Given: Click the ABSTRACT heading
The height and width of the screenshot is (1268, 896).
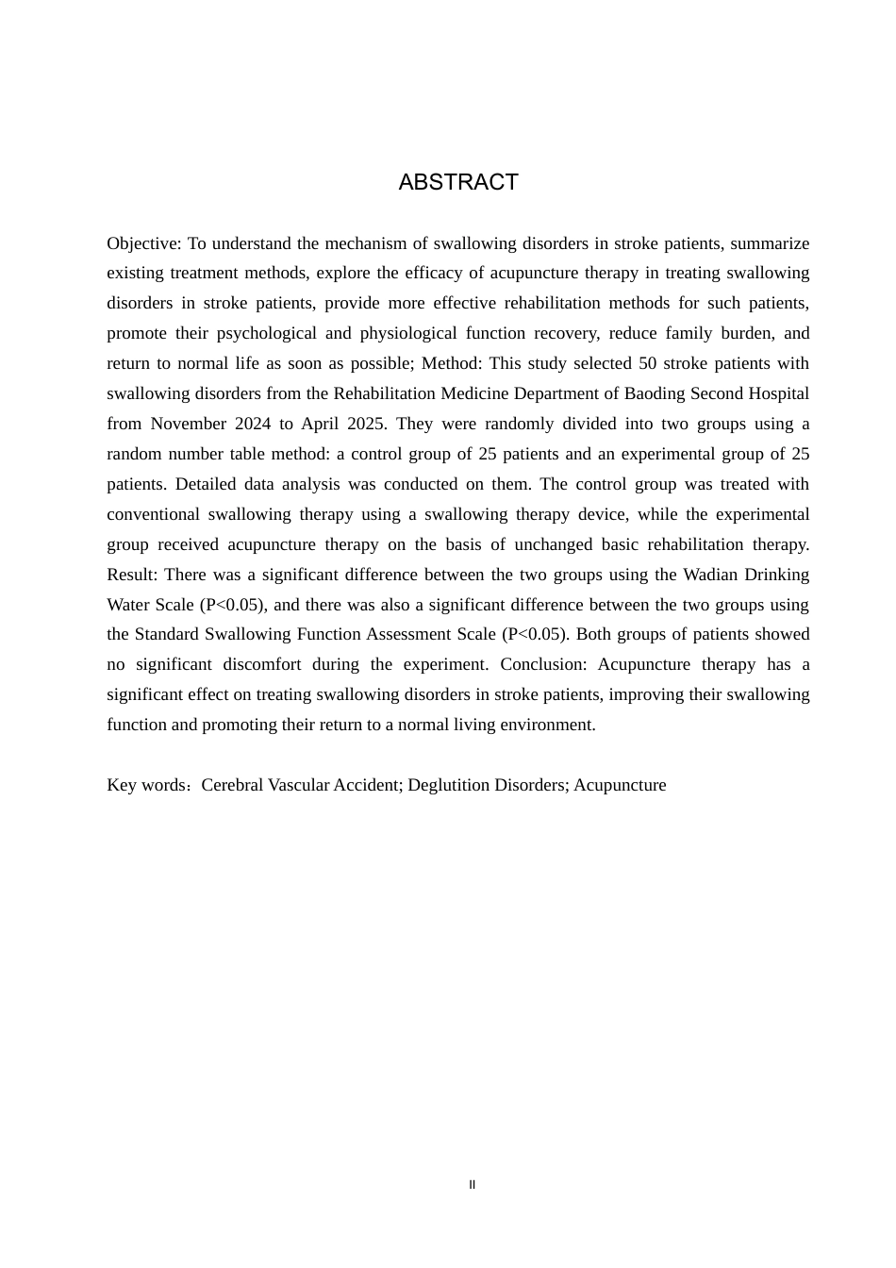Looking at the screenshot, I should click(458, 182).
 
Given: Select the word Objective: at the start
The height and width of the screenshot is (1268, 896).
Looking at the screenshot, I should click(144, 243).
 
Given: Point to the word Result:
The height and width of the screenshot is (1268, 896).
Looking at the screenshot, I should click(133, 575).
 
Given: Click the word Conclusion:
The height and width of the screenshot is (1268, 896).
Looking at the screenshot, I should click(543, 664).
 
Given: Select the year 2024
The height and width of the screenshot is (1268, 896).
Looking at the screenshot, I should click(251, 424).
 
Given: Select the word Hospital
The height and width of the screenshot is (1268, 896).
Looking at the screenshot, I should click(774, 393).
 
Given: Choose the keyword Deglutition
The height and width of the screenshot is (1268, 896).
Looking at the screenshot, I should click(448, 785).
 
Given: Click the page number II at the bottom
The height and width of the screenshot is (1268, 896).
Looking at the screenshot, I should click(473, 1185).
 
